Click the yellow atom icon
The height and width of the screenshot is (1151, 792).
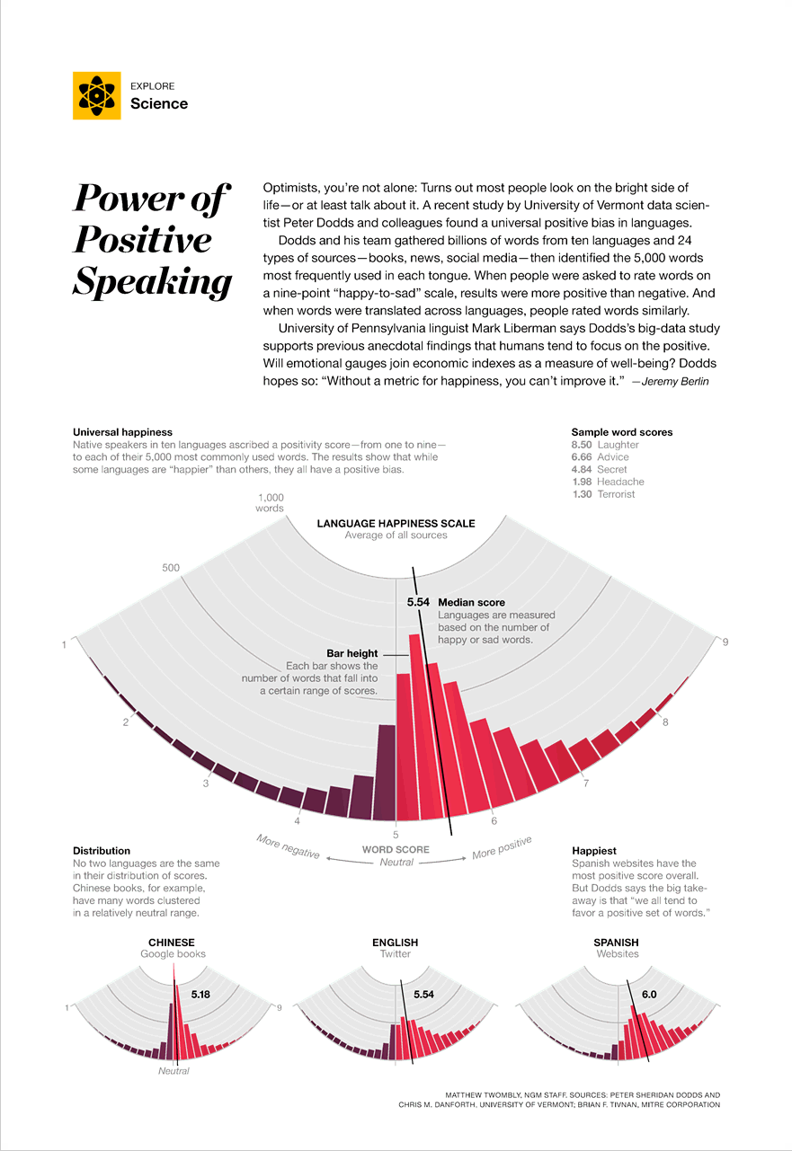96,95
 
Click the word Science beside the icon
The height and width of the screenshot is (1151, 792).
159,103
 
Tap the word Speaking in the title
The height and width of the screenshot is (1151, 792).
153,281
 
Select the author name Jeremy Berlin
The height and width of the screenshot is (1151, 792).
675,381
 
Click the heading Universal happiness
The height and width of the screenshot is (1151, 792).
122,432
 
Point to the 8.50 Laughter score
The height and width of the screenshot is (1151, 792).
605,445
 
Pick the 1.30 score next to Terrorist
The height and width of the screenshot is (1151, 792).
583,494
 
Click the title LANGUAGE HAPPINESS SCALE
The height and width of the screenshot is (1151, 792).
396,523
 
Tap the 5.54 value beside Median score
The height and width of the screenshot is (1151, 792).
418,602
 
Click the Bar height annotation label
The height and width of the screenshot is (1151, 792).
352,653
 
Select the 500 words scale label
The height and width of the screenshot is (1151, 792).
171,568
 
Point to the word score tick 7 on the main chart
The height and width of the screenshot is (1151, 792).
586,784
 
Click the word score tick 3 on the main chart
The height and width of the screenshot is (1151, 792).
206,784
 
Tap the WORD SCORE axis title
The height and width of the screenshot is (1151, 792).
396,849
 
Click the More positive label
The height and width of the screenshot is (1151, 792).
502,848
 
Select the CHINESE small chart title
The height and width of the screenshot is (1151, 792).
172,943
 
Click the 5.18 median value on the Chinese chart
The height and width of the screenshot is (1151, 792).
200,995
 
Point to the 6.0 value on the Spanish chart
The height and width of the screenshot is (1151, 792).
649,995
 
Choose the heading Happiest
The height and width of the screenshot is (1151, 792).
594,851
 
